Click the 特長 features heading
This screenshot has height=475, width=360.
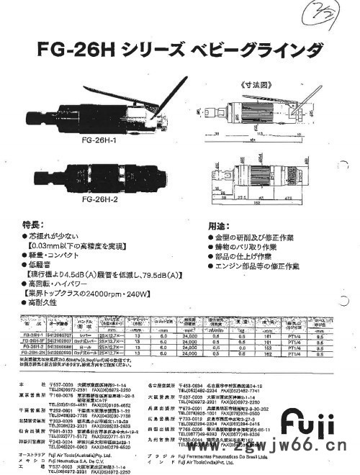tap(34, 225)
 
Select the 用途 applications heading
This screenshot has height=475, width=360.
tap(219, 225)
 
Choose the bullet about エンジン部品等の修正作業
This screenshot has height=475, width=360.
tap(255, 266)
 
